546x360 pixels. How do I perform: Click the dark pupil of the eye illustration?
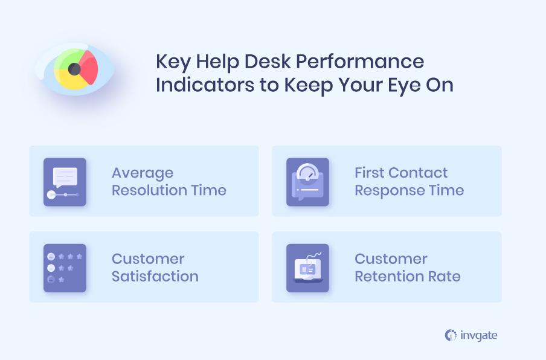(x=75, y=69)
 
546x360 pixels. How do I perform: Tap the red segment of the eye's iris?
(x=89, y=68)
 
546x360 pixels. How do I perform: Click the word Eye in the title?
(x=406, y=85)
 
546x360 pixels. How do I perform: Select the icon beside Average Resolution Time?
(x=65, y=182)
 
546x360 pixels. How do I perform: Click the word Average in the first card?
(x=143, y=173)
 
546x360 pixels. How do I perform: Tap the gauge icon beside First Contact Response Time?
(x=307, y=182)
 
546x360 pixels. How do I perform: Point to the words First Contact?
(x=401, y=173)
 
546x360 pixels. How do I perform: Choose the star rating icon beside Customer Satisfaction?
(x=65, y=268)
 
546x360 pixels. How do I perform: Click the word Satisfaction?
(x=155, y=276)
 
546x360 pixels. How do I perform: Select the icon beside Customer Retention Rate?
(x=307, y=268)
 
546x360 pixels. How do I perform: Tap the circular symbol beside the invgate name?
(x=450, y=335)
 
